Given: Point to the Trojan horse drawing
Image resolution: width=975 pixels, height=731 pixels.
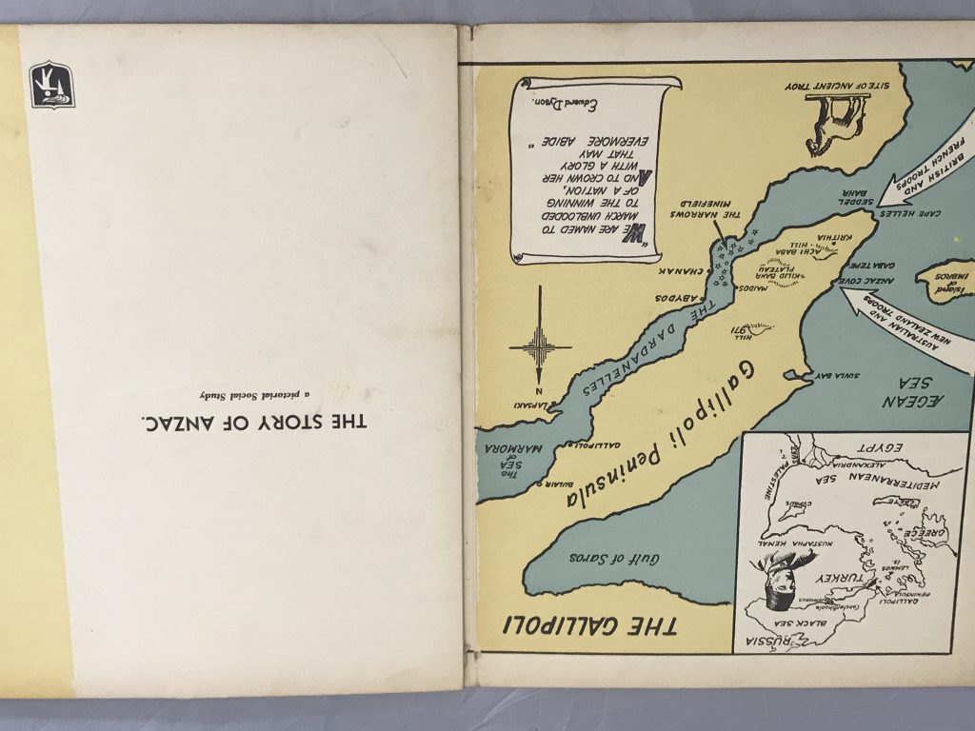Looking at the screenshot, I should (830, 124).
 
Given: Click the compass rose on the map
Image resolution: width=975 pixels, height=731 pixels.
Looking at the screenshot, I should (540, 345).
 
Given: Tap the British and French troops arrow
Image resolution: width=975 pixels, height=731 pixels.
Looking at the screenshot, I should (921, 170).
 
